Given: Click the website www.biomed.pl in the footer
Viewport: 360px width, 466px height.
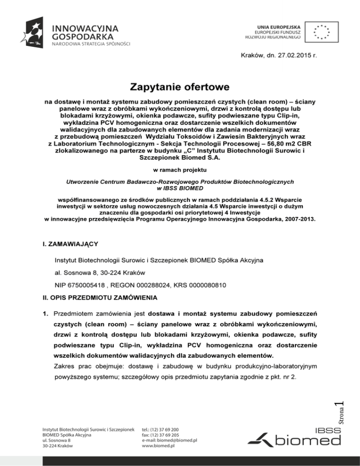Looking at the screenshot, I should click(x=158, y=446).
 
